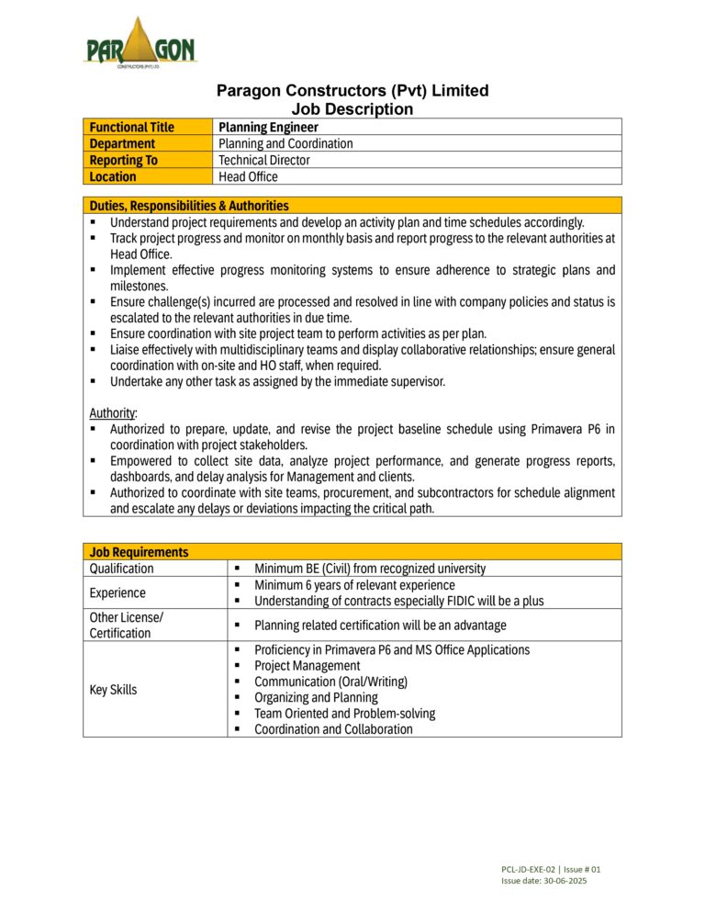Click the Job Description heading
point(352,109)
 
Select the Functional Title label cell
point(131,127)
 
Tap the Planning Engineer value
point(268,127)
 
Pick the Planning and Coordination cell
point(285,143)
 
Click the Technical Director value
point(263,160)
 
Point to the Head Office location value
point(248,176)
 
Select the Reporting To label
point(123,160)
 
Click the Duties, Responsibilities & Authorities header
point(188,206)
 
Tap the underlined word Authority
point(112,412)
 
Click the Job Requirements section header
point(139,552)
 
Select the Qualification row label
point(122,569)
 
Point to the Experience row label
point(118,593)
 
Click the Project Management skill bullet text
point(307,666)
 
